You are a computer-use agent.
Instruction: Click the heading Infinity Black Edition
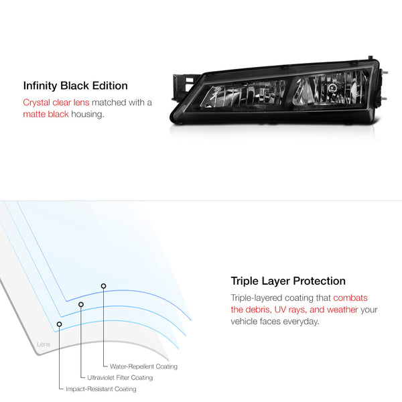(x=75, y=86)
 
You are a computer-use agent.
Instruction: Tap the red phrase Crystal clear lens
(x=56, y=103)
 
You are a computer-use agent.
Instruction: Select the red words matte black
(x=46, y=114)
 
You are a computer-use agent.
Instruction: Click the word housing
(x=88, y=115)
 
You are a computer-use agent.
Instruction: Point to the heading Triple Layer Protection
(x=288, y=281)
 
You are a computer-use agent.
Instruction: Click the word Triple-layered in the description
(x=257, y=298)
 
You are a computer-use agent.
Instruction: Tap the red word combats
(x=350, y=298)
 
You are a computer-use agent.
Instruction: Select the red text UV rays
(x=290, y=310)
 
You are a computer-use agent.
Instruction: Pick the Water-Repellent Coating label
(x=143, y=366)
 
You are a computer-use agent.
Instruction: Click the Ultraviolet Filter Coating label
(x=120, y=378)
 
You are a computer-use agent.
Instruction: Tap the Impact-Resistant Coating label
(x=101, y=389)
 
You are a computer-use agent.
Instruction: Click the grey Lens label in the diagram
(x=44, y=344)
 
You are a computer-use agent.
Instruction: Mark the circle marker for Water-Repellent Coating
(x=103, y=286)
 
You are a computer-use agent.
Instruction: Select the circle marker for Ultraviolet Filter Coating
(x=81, y=304)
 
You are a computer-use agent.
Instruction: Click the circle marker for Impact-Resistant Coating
(x=59, y=324)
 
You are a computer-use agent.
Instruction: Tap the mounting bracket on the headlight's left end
(x=184, y=86)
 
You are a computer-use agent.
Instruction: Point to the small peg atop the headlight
(x=371, y=58)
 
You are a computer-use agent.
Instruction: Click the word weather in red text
(x=342, y=310)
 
